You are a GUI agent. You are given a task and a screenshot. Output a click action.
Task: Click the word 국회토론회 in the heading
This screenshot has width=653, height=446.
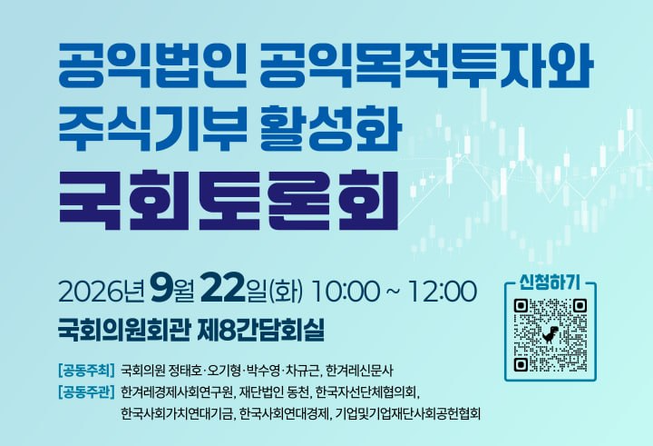(229, 200)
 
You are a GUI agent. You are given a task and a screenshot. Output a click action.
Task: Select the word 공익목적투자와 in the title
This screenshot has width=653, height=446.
(425, 66)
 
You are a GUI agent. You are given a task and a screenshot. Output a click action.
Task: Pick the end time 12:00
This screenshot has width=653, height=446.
(443, 291)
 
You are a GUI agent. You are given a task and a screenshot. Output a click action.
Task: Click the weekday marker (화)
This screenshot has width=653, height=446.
(286, 292)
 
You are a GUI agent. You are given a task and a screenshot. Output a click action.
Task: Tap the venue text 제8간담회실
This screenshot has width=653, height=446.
(263, 330)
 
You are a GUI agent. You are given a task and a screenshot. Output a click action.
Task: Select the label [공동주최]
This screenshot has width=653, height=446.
(87, 370)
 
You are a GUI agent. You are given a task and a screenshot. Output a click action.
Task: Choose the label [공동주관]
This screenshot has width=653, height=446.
(87, 392)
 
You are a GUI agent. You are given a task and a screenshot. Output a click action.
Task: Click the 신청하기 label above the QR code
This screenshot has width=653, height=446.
(550, 283)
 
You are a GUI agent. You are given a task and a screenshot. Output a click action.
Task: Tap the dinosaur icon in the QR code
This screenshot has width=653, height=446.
(551, 334)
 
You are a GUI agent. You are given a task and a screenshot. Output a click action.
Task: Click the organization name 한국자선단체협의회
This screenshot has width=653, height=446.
(366, 392)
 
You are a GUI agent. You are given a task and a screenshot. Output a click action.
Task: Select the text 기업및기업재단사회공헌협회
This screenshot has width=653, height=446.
(408, 414)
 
